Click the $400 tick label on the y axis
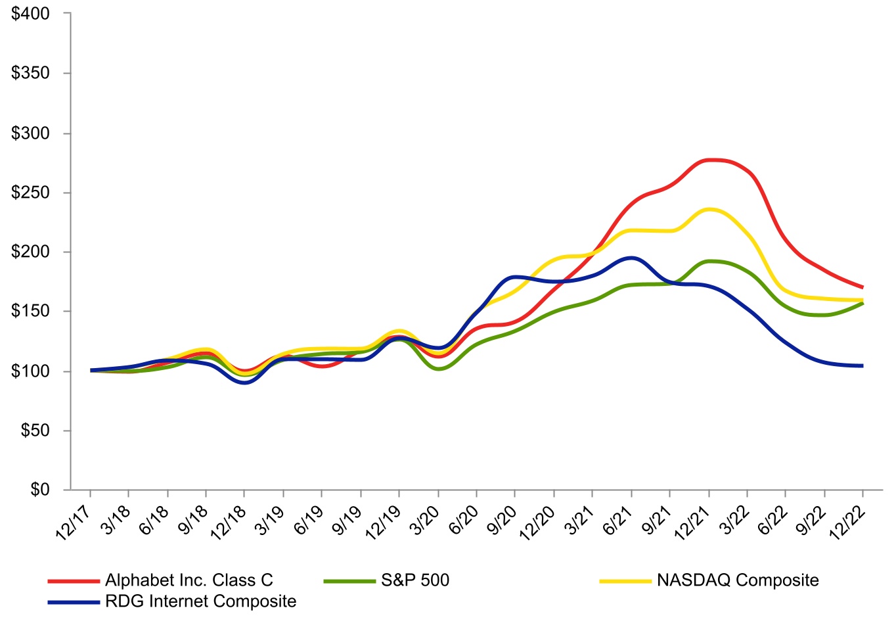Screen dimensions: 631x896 pyautogui.click(x=31, y=14)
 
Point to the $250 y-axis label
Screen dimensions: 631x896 pyautogui.click(x=31, y=193)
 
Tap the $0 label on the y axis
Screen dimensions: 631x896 pyautogui.click(x=39, y=490)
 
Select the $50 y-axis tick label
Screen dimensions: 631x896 pyautogui.click(x=35, y=431)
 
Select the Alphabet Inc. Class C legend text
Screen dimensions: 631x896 pyautogui.click(x=189, y=580)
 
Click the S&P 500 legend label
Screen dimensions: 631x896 pyautogui.click(x=415, y=580)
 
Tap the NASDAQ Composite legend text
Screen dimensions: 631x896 pyautogui.click(x=738, y=580)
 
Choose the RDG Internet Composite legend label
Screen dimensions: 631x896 pyautogui.click(x=200, y=601)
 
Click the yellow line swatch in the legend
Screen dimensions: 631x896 pyautogui.click(x=625, y=581)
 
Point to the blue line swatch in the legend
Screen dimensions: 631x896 pyautogui.click(x=74, y=602)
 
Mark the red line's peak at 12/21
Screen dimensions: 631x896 pyautogui.click(x=709, y=160)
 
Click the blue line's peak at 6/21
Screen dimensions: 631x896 pyautogui.click(x=631, y=258)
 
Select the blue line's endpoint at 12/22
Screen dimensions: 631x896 pyautogui.click(x=862, y=365)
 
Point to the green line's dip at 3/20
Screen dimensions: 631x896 pyautogui.click(x=438, y=369)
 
